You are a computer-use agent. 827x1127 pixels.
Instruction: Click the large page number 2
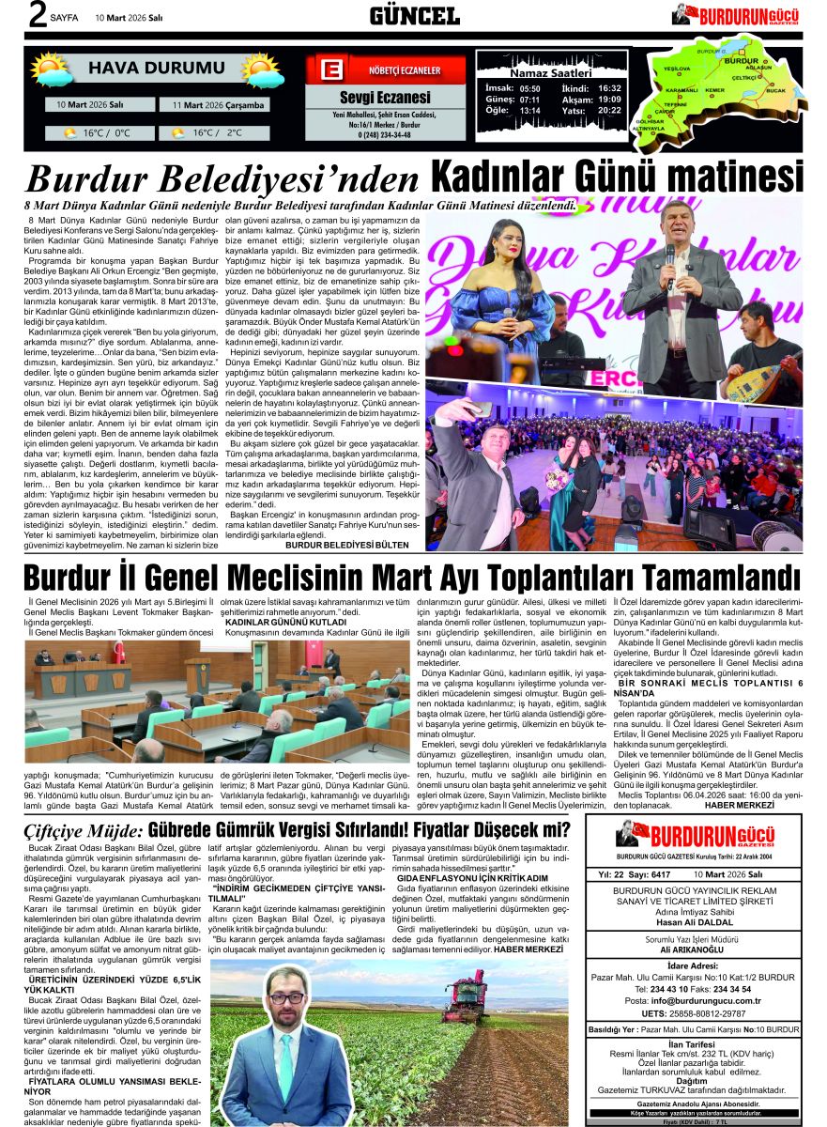tap(13, 15)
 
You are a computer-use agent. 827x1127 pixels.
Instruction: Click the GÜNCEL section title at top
tap(414, 15)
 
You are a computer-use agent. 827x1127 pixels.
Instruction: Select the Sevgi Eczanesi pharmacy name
tap(385, 98)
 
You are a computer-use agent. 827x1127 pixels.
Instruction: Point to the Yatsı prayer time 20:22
tap(609, 110)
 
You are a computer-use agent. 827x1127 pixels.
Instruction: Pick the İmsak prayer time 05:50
tap(529, 87)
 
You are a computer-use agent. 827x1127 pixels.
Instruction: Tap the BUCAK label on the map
tap(775, 91)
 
